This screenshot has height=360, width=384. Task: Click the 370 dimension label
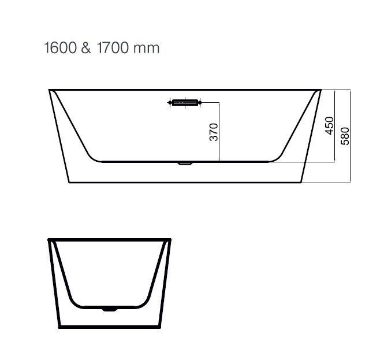[214, 132]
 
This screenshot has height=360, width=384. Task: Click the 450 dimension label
[330, 125]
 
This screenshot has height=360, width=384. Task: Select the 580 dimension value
[345, 136]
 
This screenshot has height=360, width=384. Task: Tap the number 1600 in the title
[60, 47]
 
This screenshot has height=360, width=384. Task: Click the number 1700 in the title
[113, 47]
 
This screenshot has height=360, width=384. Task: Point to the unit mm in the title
[147, 49]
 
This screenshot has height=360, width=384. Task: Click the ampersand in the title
[85, 47]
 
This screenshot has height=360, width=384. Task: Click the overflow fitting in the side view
[185, 102]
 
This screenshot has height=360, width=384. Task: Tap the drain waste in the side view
[185, 163]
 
